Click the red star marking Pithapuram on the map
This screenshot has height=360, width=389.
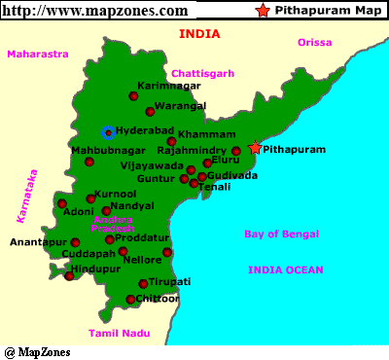coord(255,148)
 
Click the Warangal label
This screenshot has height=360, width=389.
coord(180,104)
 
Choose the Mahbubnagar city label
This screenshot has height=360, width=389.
coord(107,150)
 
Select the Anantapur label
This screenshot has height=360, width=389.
coord(38,242)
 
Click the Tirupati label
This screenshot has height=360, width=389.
coord(170,281)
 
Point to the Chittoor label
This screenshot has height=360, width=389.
coord(159,299)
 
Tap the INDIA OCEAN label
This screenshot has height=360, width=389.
coord(286,270)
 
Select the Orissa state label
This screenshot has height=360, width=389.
coord(314,43)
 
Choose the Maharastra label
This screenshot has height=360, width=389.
coord(38,54)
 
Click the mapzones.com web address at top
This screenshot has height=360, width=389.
coord(96,11)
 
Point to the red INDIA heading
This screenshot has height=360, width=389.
coord(199,34)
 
